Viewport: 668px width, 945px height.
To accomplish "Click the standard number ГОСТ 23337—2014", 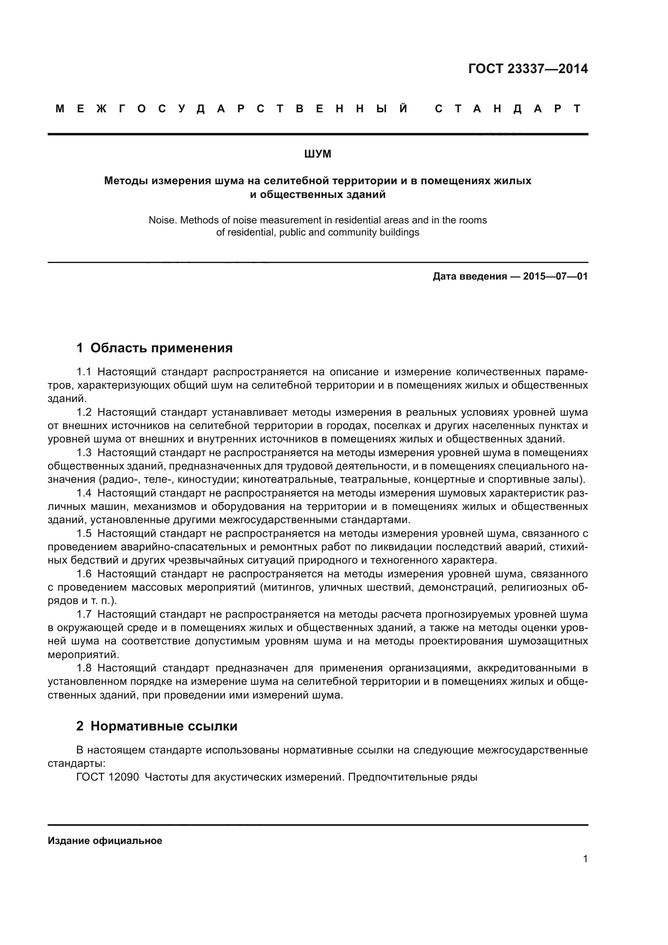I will (528, 69).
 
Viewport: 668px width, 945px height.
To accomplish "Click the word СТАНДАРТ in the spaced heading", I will (508, 109).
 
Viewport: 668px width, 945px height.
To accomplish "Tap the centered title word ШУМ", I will (317, 154).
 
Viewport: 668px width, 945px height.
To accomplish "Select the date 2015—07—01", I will (555, 276).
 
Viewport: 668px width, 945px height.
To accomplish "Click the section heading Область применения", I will (161, 348).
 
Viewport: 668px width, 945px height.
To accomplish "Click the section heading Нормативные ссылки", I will (164, 726).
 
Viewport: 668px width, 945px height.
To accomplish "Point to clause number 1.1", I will (84, 372).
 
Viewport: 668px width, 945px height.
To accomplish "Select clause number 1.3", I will (84, 453).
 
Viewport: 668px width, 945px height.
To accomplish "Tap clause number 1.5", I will (84, 534).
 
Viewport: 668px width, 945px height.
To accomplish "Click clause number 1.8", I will (84, 668).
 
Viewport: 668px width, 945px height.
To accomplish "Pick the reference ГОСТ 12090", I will (108, 777).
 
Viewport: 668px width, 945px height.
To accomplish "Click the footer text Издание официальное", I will (105, 841).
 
